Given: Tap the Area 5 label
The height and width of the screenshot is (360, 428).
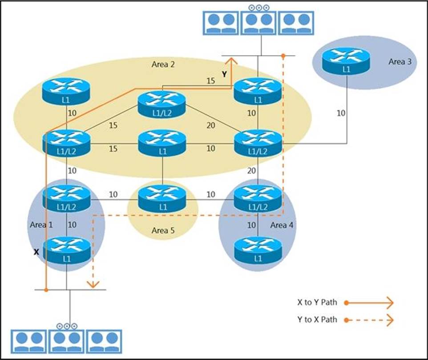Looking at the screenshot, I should point(163,230).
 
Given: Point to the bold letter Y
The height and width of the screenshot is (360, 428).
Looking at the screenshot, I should point(225,75).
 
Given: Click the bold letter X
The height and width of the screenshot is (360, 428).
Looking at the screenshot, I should point(37,252).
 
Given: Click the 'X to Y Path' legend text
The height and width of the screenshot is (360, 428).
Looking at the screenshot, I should point(317,303).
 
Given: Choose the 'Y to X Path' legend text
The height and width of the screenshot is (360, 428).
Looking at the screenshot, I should point(317,319).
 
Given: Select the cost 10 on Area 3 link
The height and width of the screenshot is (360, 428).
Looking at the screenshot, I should point(340,113).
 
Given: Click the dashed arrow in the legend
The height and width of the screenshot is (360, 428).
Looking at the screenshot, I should point(369,320).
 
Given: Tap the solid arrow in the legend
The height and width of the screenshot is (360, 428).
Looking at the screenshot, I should point(369,303).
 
